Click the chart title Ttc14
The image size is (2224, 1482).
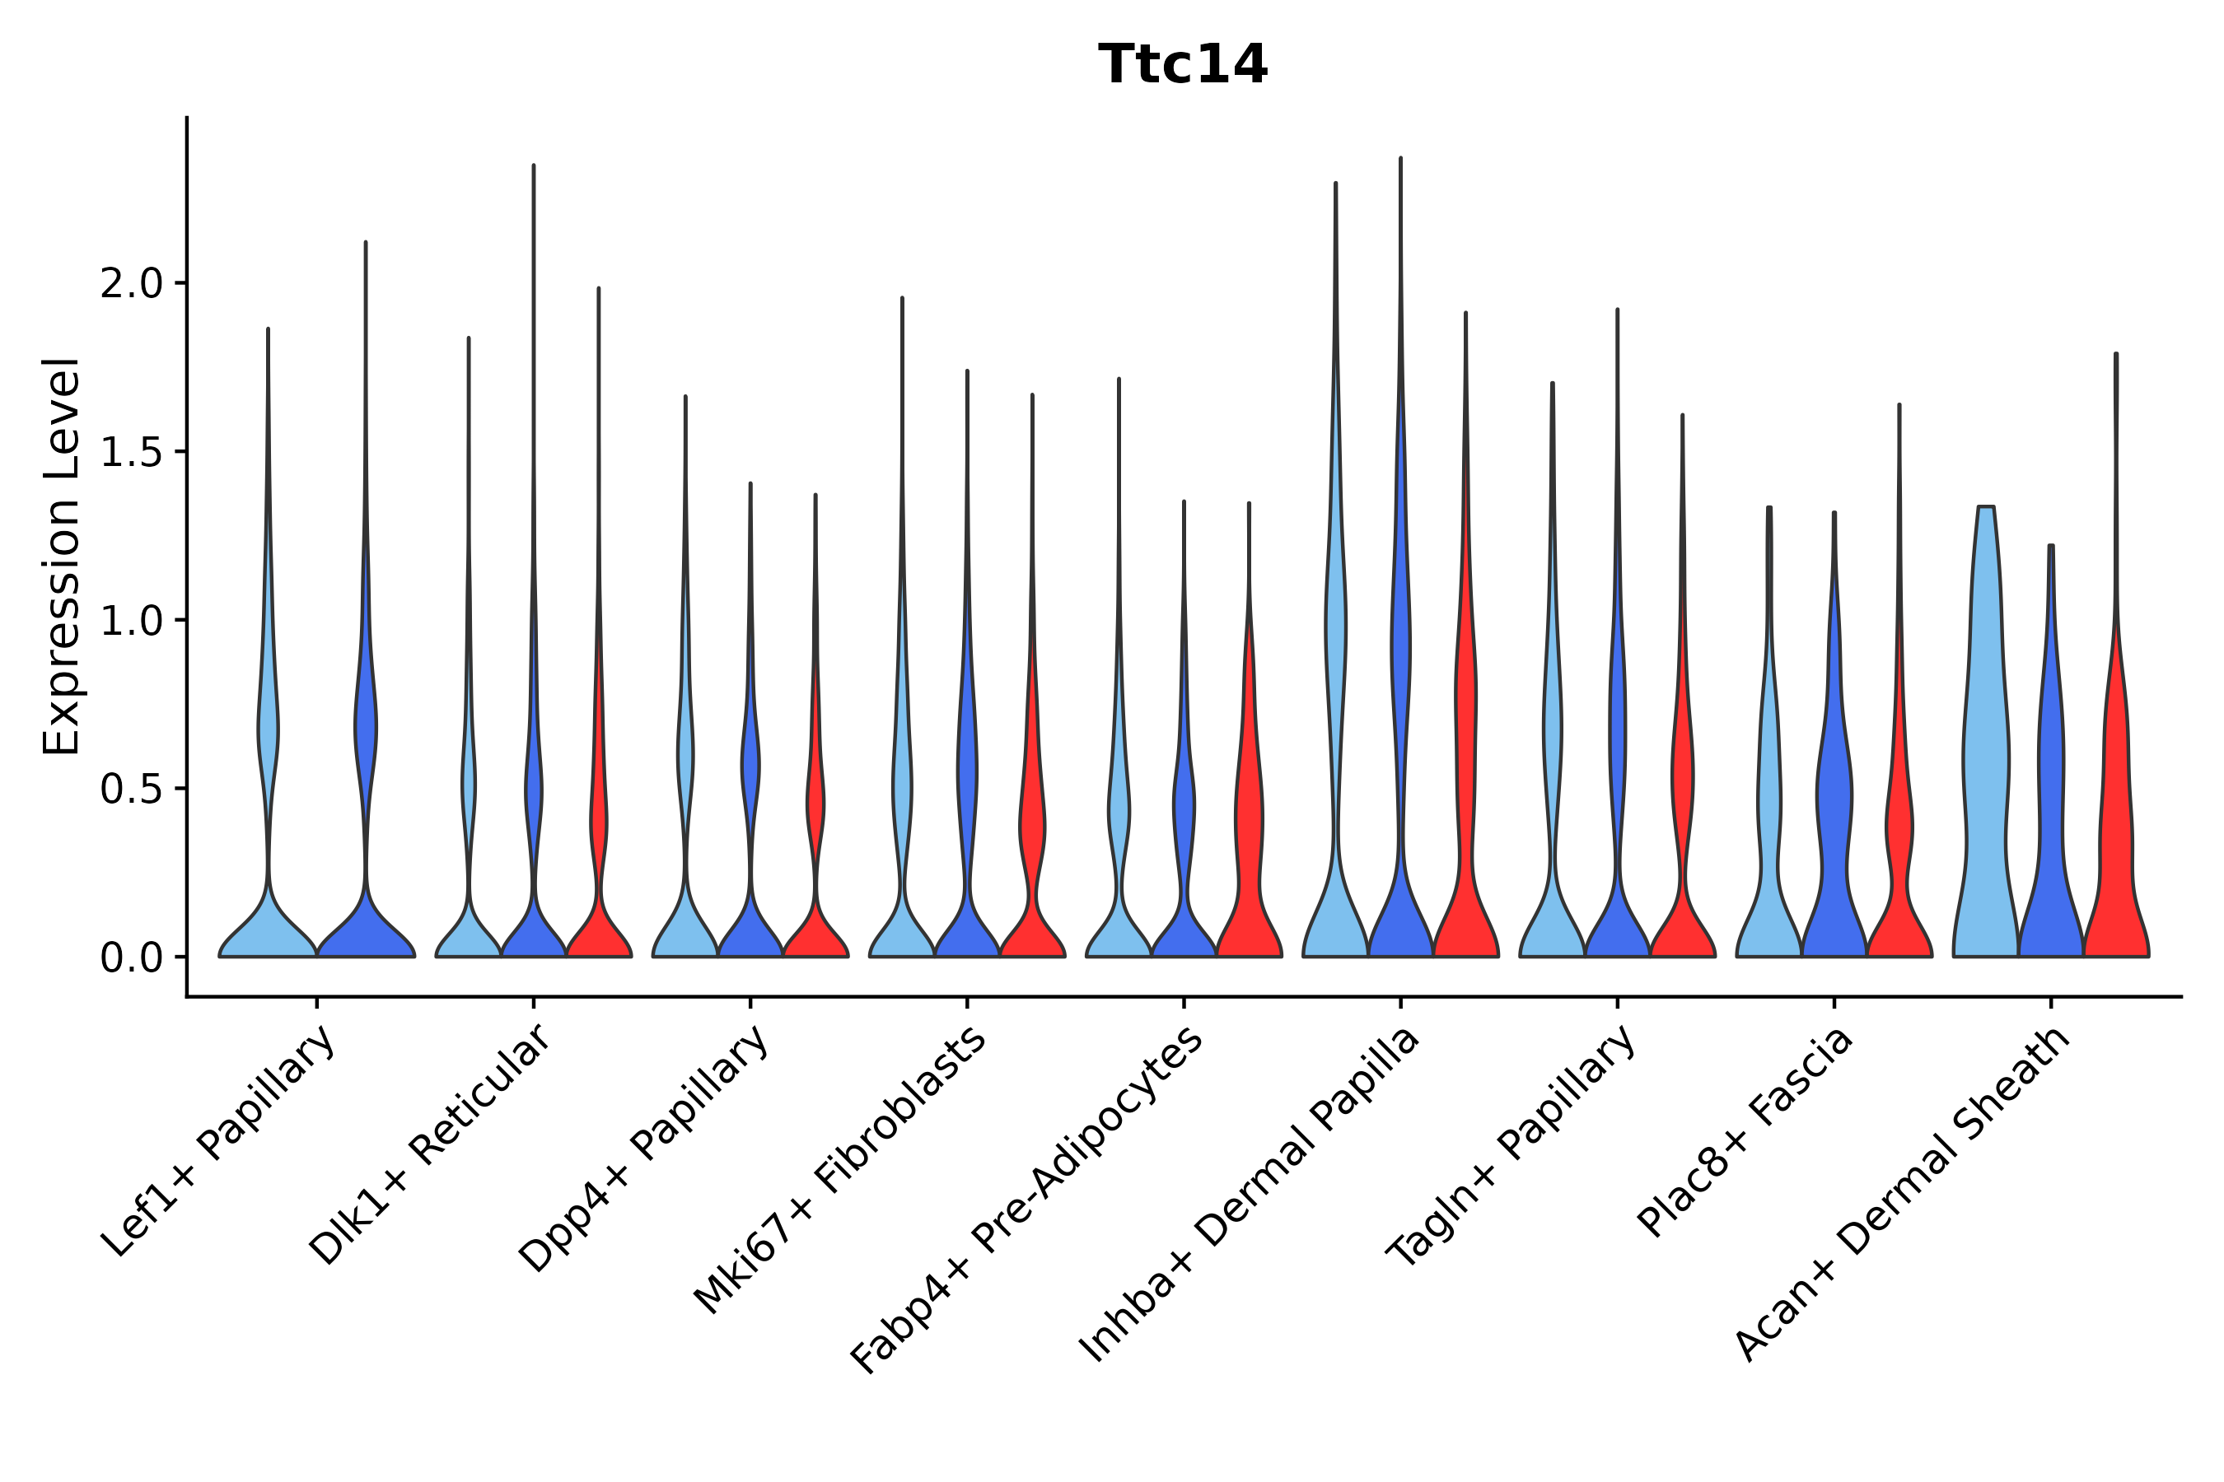[1182, 65]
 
